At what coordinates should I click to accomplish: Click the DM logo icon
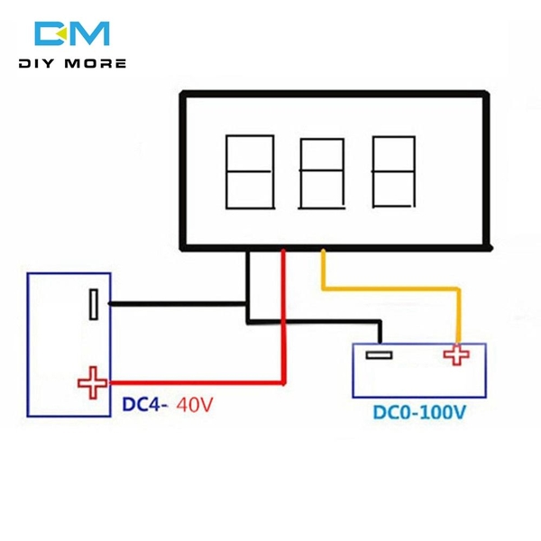[72, 33]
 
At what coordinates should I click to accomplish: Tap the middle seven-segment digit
[321, 173]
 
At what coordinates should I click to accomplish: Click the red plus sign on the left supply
[91, 384]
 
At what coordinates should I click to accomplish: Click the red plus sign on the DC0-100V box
[456, 355]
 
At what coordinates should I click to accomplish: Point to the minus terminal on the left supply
[93, 304]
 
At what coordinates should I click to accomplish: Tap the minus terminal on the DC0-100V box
[378, 355]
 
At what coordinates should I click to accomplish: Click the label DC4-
[143, 407]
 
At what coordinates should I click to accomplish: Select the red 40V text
[196, 407]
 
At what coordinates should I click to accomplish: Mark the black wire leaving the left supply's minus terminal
[171, 304]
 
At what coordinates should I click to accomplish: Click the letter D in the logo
[50, 33]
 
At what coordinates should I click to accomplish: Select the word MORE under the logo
[98, 64]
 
